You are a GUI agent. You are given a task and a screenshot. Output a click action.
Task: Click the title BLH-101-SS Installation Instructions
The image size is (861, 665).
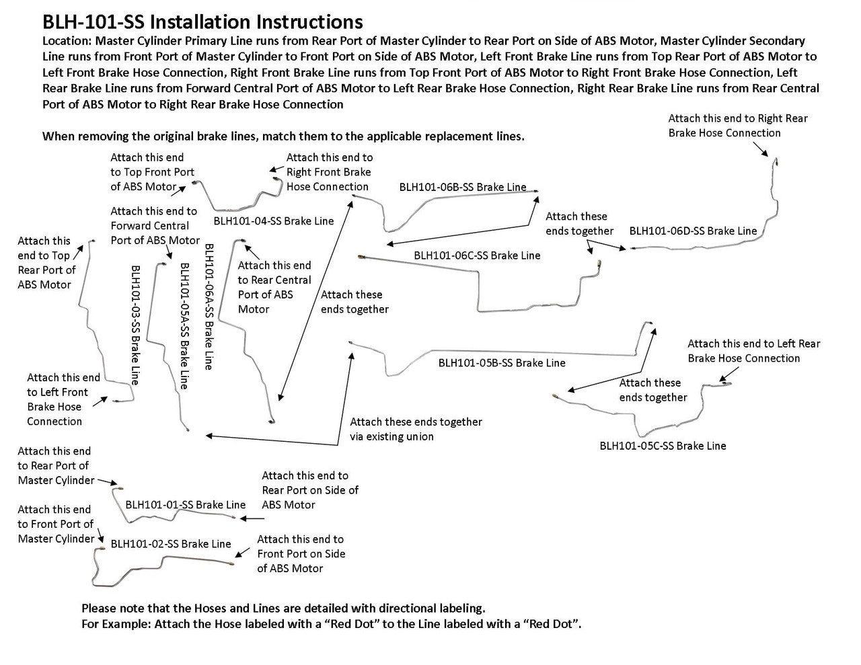pyautogui.click(x=202, y=22)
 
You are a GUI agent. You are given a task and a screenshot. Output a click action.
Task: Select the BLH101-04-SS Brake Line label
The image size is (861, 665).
pyautogui.click(x=273, y=221)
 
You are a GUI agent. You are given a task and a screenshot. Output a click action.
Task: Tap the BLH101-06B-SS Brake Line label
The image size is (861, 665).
pyautogui.click(x=463, y=187)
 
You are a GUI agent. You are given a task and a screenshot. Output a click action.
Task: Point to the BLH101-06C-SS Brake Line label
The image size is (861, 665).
pyautogui.click(x=477, y=255)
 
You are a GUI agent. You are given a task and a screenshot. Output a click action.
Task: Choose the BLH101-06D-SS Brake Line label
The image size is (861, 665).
pyautogui.click(x=693, y=231)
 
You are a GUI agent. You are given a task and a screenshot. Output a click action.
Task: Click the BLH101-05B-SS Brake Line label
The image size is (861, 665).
pyautogui.click(x=502, y=362)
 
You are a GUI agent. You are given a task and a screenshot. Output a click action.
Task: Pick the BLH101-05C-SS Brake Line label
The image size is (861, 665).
pyautogui.click(x=663, y=445)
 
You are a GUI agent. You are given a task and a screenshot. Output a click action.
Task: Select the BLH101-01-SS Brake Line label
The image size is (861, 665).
pyautogui.click(x=185, y=504)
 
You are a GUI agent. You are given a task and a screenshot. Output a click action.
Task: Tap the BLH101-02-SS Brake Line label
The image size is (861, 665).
pyautogui.click(x=171, y=543)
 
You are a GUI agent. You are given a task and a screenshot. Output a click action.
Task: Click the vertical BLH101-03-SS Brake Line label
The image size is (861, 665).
pyautogui.click(x=135, y=324)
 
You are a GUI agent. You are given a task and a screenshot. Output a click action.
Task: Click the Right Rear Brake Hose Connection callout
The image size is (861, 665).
pyautogui.click(x=737, y=126)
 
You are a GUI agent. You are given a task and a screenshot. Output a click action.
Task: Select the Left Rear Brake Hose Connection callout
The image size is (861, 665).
pyautogui.click(x=753, y=351)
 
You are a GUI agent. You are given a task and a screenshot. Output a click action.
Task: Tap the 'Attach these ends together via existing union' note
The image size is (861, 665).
pyautogui.click(x=416, y=429)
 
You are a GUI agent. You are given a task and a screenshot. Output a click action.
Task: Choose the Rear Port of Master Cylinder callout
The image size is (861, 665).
pyautogui.click(x=56, y=465)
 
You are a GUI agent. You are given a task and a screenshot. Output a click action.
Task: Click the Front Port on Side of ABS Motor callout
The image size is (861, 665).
pyautogui.click(x=301, y=553)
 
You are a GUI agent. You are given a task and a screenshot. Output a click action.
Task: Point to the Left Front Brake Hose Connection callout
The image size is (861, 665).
pyautogui.click(x=63, y=399)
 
